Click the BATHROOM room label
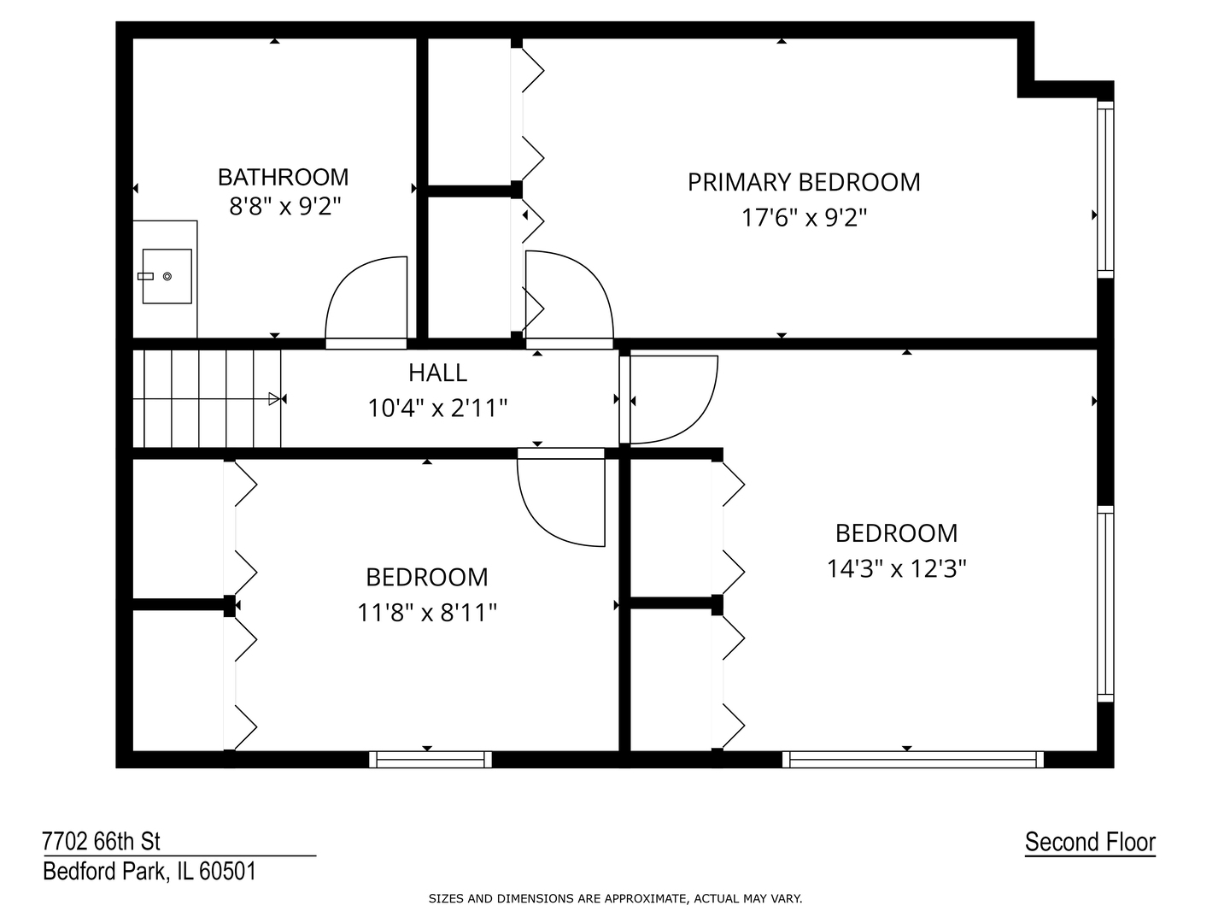283,177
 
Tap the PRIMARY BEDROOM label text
804,182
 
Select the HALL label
437,373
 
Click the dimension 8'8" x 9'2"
284,207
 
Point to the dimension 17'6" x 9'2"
804,218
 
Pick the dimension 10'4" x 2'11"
437,409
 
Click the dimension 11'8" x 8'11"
427,613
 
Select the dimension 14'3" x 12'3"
896,568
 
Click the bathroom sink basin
167,276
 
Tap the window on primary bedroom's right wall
1105,189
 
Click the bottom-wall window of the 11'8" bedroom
430,759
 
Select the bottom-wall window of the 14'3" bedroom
913,759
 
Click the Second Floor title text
1090,842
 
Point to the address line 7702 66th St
102,842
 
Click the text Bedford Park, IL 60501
149,872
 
